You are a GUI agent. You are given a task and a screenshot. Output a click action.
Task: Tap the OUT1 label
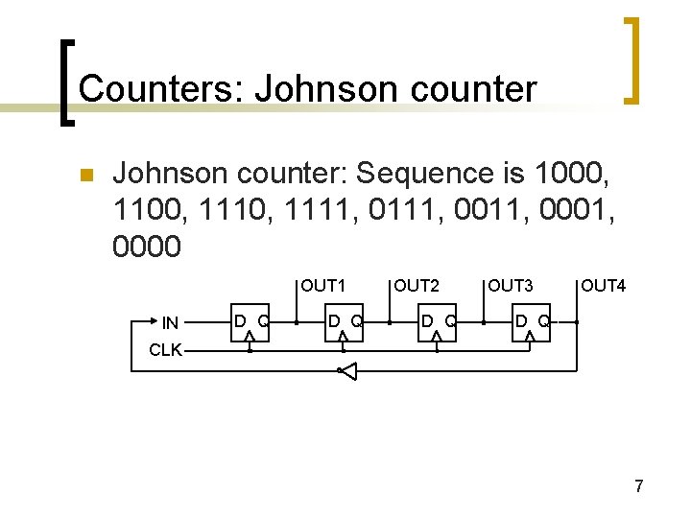click(x=323, y=285)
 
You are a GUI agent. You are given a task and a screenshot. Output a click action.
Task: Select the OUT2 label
click(x=417, y=285)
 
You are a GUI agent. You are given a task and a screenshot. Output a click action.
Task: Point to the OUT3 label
click(x=510, y=285)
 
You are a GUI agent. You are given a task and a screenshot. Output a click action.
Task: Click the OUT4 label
click(x=604, y=285)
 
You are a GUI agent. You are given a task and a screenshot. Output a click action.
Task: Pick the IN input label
click(x=170, y=323)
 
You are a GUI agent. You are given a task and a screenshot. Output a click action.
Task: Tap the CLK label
click(x=165, y=350)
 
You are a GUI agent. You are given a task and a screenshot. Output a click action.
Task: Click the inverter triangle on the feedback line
click(x=347, y=370)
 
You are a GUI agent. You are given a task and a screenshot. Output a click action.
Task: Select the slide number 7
click(x=638, y=487)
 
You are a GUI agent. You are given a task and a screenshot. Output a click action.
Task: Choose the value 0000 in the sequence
click(x=147, y=247)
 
